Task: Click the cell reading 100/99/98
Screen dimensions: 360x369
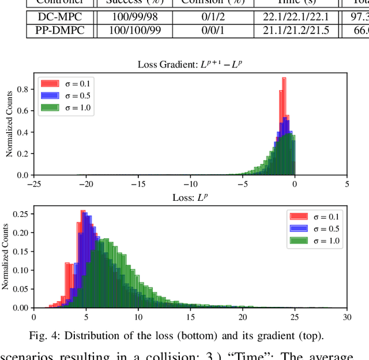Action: (x=127, y=17)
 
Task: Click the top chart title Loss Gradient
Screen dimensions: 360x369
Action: (x=190, y=64)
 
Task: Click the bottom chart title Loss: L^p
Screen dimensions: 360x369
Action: (x=190, y=197)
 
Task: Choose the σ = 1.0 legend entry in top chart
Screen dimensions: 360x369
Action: (x=64, y=107)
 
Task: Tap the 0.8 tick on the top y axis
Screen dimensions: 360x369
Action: (x=22, y=89)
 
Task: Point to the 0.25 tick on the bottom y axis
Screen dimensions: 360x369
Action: (x=19, y=213)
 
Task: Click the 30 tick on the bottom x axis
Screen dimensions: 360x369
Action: (x=347, y=317)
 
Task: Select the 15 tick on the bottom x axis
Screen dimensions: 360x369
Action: (x=190, y=317)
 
